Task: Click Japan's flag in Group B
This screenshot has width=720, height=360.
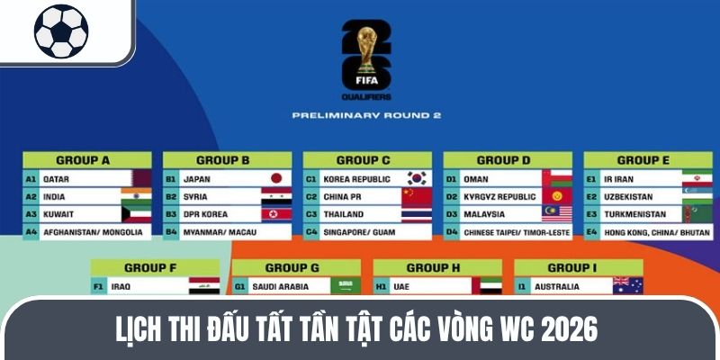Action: pyautogui.click(x=277, y=178)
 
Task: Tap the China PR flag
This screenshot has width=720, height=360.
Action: pyautogui.click(x=417, y=196)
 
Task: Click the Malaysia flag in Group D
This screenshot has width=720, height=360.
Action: pyautogui.click(x=557, y=214)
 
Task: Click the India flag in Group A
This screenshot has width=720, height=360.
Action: pyautogui.click(x=136, y=196)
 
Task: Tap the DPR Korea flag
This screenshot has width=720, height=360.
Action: pyautogui.click(x=276, y=214)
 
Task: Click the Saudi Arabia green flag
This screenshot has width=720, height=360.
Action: pyautogui.click(x=345, y=285)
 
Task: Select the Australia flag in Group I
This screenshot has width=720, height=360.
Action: pyautogui.click(x=627, y=285)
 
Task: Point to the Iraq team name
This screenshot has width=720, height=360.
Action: pyautogui.click(x=121, y=286)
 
